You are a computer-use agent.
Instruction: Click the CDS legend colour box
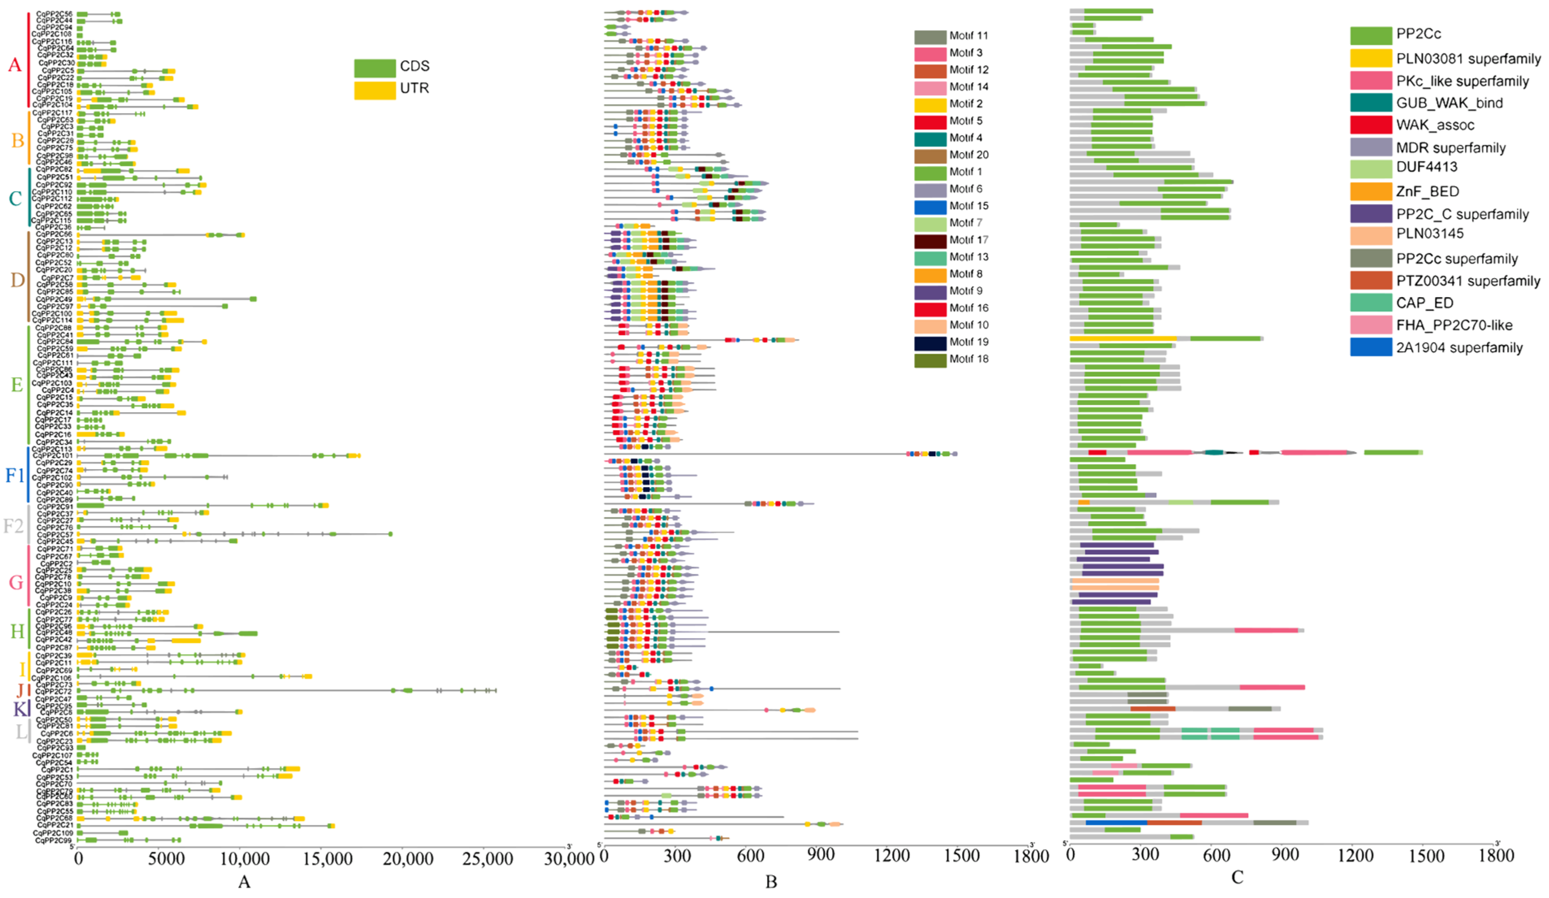[374, 67]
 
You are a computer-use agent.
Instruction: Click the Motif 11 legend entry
[968, 36]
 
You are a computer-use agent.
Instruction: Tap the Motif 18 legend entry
[968, 359]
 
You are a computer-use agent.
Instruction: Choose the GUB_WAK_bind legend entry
[1449, 103]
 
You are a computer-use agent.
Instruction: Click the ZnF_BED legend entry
[1427, 191]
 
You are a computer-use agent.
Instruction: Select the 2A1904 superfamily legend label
[1459, 348]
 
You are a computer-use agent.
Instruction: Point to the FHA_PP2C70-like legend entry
[1452, 325]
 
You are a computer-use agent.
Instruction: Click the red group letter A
[15, 65]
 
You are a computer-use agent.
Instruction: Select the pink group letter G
[15, 582]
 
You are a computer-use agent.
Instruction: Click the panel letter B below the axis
[771, 882]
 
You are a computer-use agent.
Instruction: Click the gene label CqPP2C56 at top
[54, 13]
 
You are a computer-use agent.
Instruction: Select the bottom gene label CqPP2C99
[54, 840]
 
